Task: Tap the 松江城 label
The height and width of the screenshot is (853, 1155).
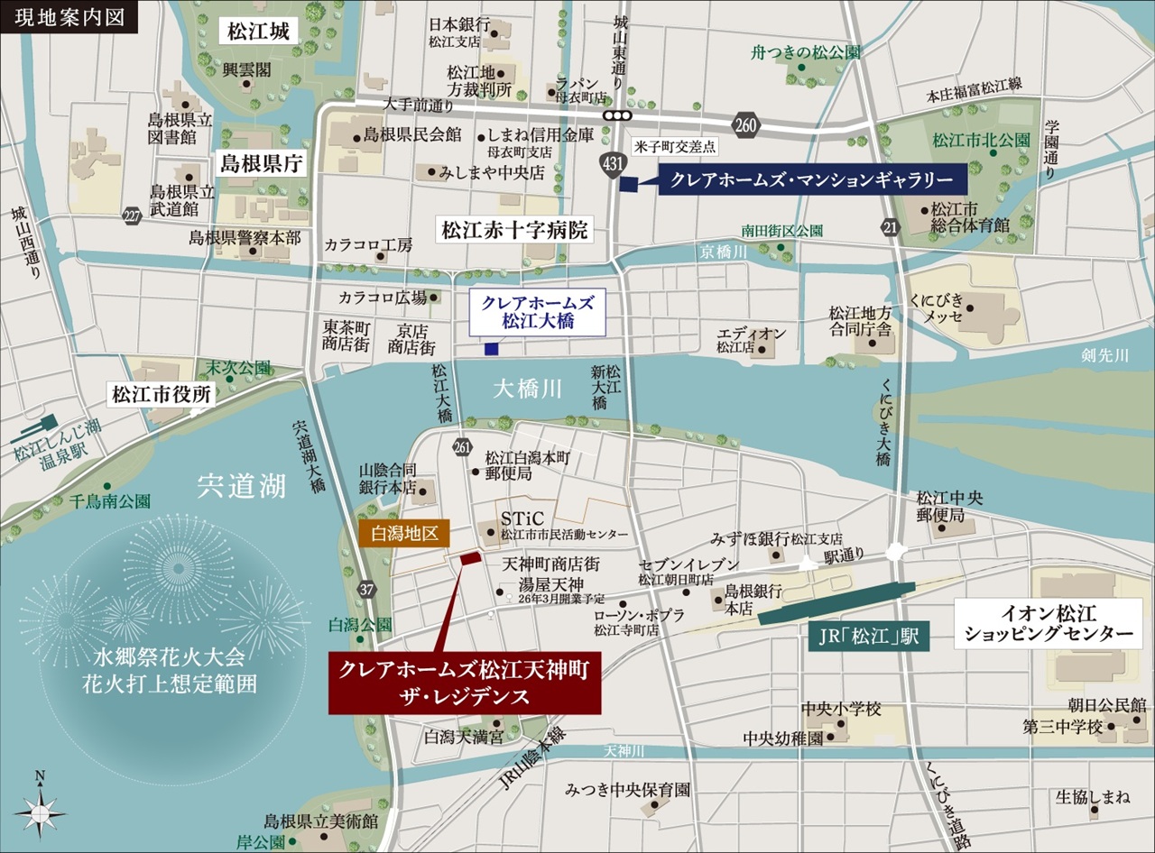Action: tap(257, 33)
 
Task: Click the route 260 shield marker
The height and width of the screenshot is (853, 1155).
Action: tap(746, 125)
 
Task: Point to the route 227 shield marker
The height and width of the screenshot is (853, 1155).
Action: tap(133, 216)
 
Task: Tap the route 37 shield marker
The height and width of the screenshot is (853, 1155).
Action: tap(365, 591)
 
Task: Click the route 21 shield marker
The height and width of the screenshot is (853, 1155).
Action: tap(892, 228)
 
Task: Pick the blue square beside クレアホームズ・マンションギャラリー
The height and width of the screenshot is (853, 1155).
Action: tap(629, 184)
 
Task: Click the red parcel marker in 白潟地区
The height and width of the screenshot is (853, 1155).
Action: tap(470, 560)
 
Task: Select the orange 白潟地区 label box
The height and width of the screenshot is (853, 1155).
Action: tap(403, 534)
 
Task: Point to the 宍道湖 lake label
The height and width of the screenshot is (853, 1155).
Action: tap(242, 487)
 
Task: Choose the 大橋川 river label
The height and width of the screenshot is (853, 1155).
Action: tap(528, 389)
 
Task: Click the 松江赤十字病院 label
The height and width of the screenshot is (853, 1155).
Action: tap(514, 231)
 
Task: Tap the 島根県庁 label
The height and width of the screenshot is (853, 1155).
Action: tap(263, 163)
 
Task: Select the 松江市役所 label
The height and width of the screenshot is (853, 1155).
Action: tap(162, 394)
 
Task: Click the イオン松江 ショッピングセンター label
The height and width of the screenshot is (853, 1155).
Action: tap(1048, 625)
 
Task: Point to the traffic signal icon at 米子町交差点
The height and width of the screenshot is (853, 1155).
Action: tap(618, 115)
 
